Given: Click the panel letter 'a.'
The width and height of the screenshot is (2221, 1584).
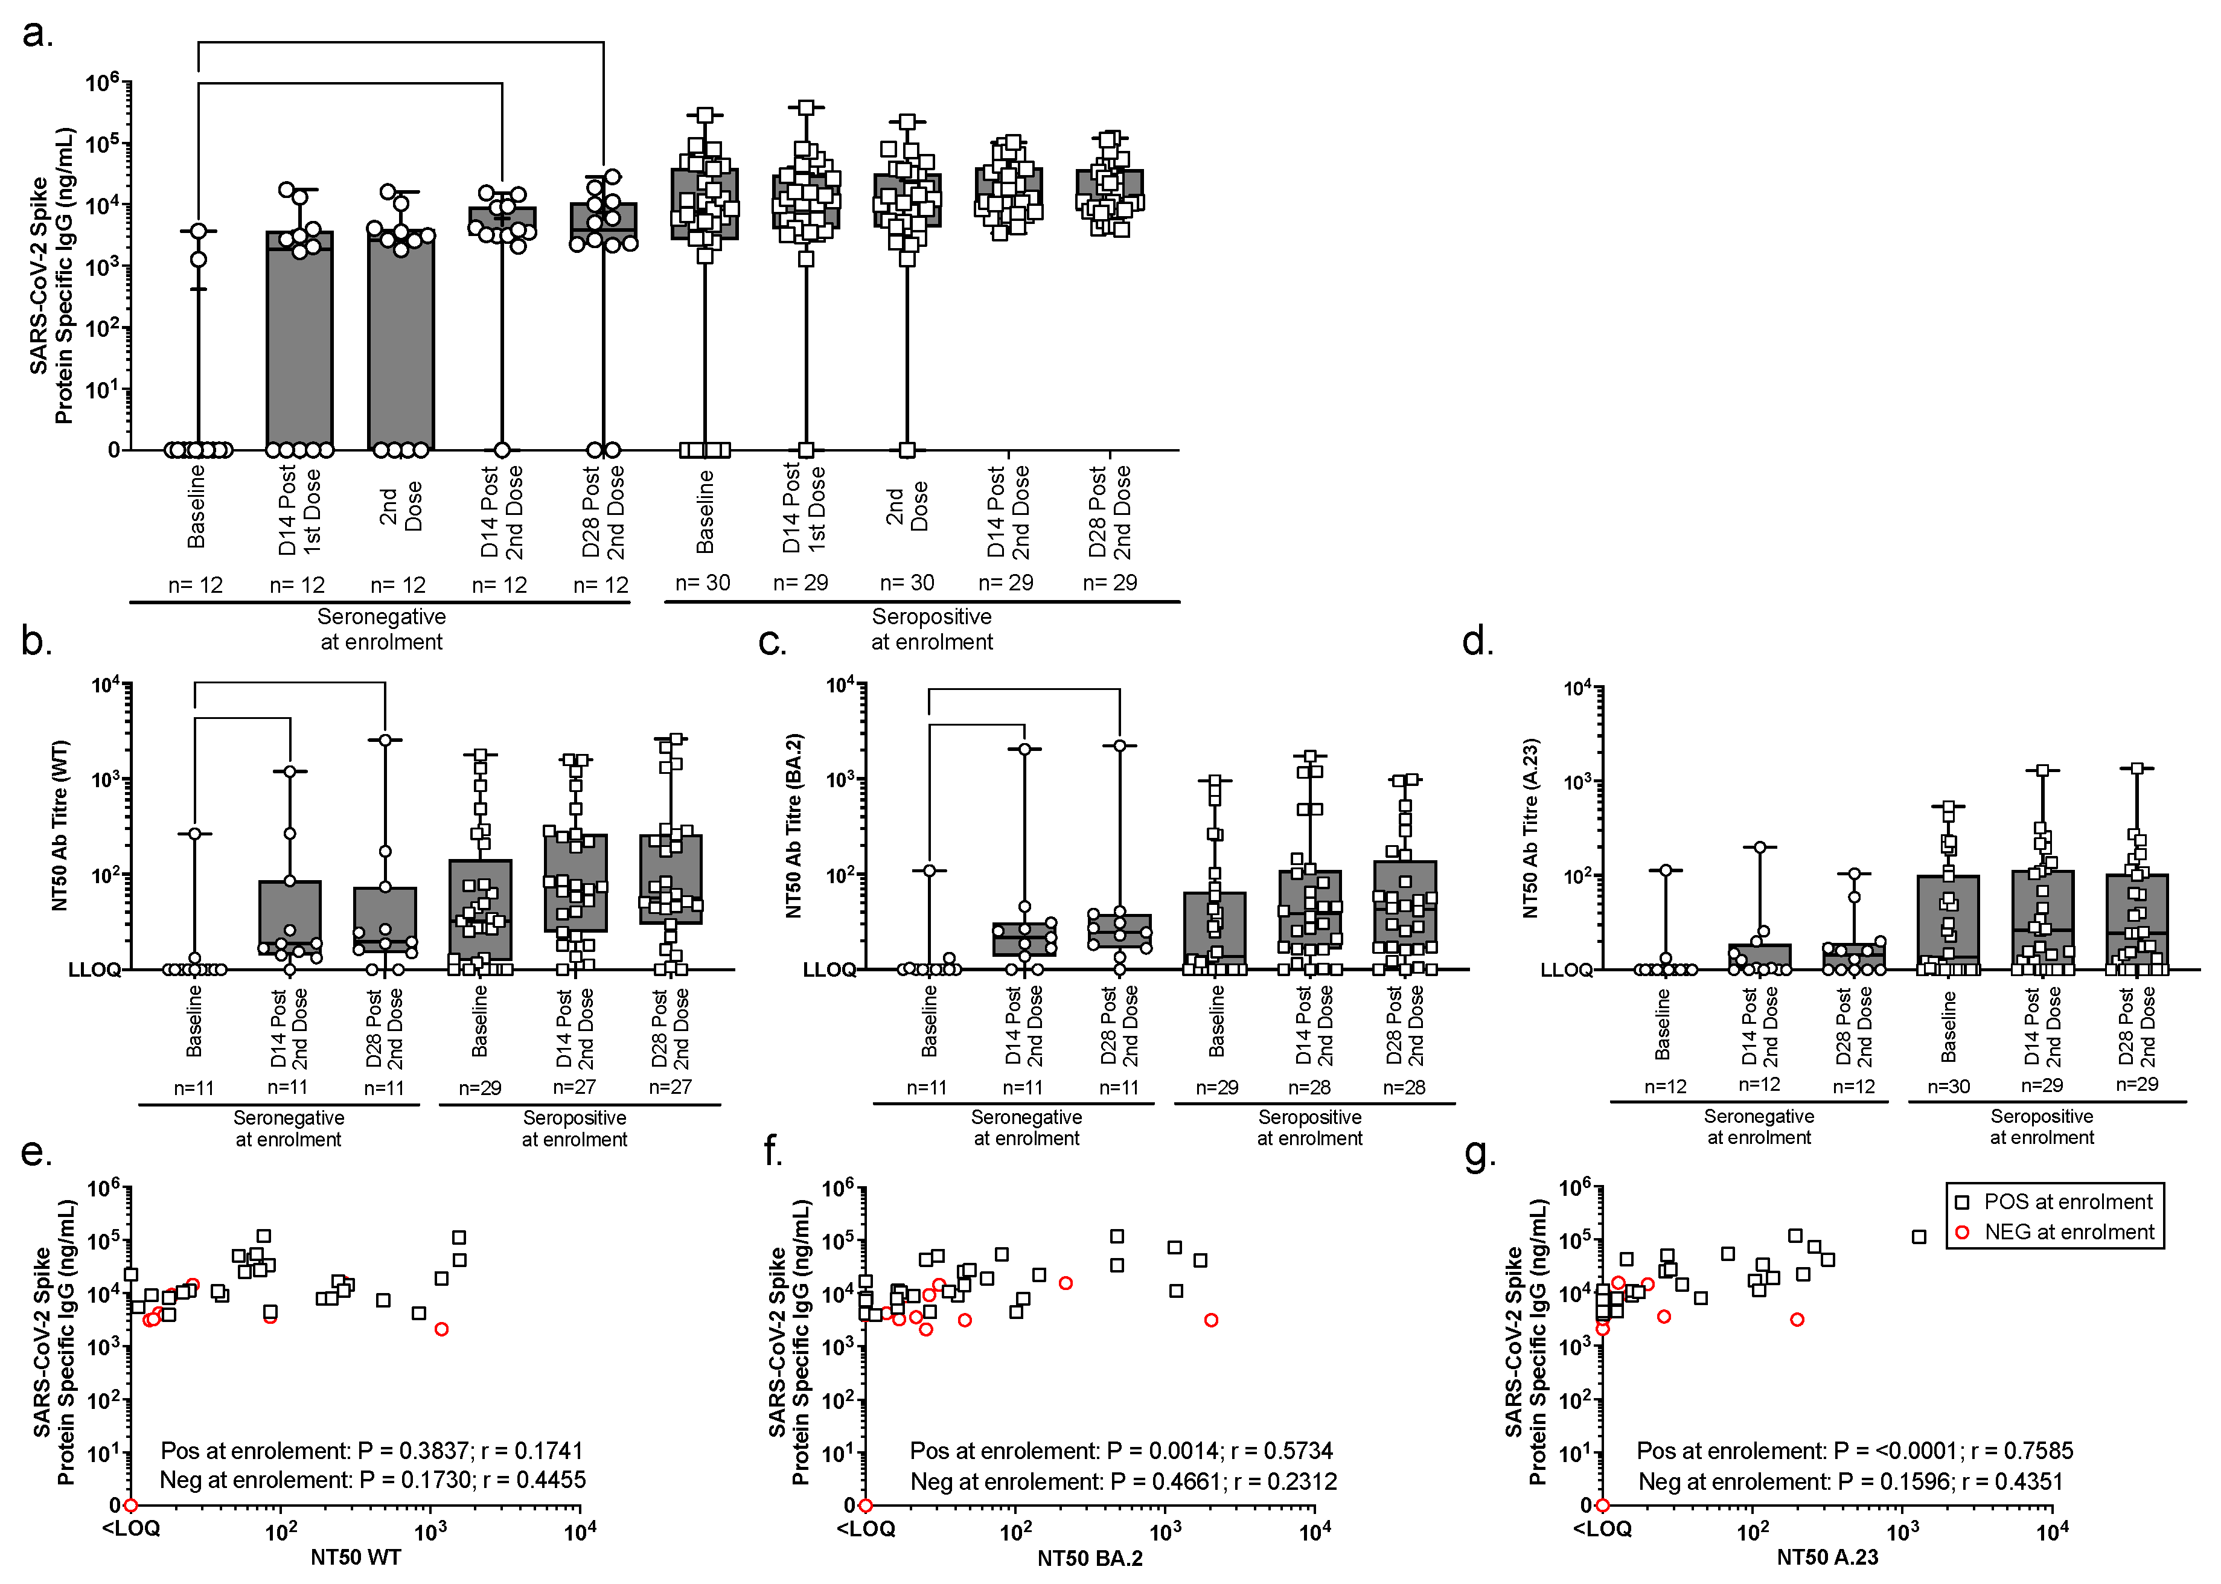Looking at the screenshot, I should tap(37, 34).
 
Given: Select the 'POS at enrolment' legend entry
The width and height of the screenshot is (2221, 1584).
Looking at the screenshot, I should tap(2067, 1202).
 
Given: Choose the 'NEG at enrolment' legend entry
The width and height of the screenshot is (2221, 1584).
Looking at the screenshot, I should tap(2068, 1232).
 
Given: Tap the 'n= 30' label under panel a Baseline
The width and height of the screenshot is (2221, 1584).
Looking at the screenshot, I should tap(702, 583).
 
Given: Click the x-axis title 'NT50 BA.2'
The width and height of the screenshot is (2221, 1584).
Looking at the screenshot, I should tap(1090, 1557).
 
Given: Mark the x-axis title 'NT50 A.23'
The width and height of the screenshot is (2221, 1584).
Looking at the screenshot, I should tap(1827, 1557).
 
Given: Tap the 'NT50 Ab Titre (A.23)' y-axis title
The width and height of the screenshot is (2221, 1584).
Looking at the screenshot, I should tap(1530, 827).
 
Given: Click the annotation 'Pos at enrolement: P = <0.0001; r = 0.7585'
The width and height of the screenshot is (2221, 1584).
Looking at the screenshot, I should tap(1854, 1451).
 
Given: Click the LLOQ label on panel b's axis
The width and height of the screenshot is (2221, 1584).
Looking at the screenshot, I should tap(94, 969).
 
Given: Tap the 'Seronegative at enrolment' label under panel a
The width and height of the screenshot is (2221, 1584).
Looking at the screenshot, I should tap(382, 629).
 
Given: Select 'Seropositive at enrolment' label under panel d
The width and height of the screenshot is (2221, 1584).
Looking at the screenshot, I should tap(2042, 1126).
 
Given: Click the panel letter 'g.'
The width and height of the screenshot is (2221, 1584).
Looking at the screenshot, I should tap(1480, 1153).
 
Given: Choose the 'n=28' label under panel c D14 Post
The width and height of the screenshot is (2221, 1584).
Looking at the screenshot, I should tap(1309, 1087).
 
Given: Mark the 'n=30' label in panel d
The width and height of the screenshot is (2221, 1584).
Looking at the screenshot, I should tap(1948, 1085).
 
